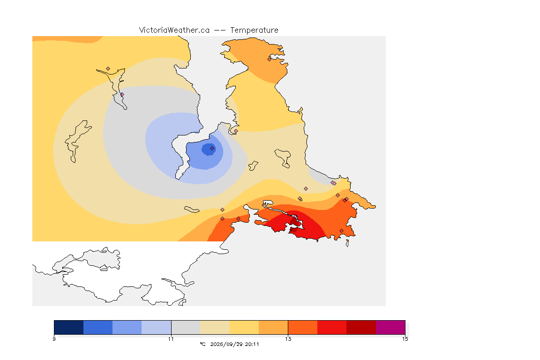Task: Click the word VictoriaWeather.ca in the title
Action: pyautogui.click(x=174, y=30)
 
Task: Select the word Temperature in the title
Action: pyautogui.click(x=254, y=30)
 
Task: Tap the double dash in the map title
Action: pyautogui.click(x=220, y=30)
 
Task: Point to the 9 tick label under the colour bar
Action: pyautogui.click(x=54, y=339)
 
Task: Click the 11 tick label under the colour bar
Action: pyautogui.click(x=171, y=339)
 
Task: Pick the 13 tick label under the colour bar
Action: pyautogui.click(x=288, y=339)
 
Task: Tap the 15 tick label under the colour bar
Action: pyautogui.click(x=405, y=339)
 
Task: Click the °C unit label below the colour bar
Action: pyautogui.click(x=202, y=344)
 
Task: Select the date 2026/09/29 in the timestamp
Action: pyautogui.click(x=226, y=344)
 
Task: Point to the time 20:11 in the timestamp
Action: pyautogui.click(x=252, y=344)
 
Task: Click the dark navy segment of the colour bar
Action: pyautogui.click(x=69, y=327)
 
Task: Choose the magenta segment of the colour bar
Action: pyautogui.click(x=390, y=327)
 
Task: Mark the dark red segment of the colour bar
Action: pyautogui.click(x=361, y=327)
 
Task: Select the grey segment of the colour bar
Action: pyautogui.click(x=186, y=327)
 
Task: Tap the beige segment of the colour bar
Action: pyautogui.click(x=215, y=327)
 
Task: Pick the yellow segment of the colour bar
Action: pyautogui.click(x=244, y=327)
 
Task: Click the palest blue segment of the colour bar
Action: pyautogui.click(x=157, y=327)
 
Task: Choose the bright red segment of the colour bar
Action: pyautogui.click(x=332, y=327)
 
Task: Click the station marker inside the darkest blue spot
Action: pyautogui.click(x=212, y=149)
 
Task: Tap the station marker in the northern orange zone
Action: pyautogui.click(x=270, y=59)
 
